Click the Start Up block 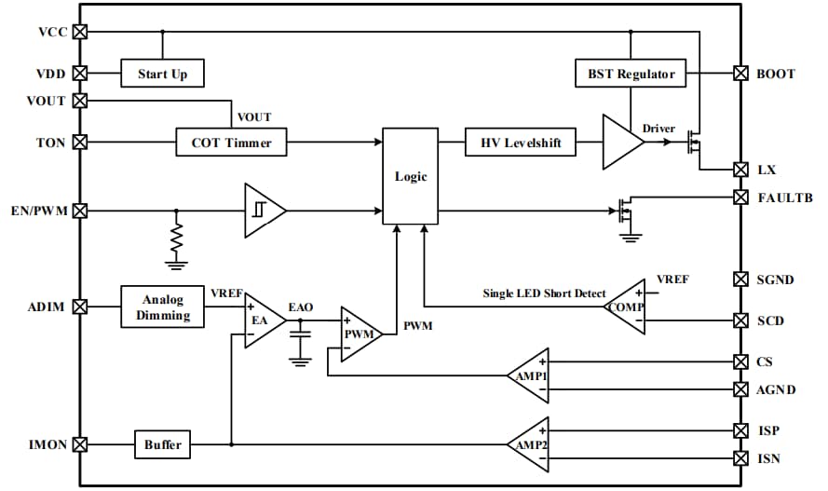[x=162, y=74]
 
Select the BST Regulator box [x=631, y=74]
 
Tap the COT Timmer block [x=232, y=143]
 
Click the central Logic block [x=411, y=176]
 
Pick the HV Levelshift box [x=521, y=143]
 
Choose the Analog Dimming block [x=163, y=307]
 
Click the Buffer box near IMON [x=162, y=445]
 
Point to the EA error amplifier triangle [x=262, y=320]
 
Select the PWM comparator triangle [x=359, y=333]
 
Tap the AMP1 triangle [x=531, y=375]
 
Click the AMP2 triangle [x=531, y=444]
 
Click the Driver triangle [x=620, y=143]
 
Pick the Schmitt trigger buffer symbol [x=263, y=211]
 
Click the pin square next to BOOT [x=740, y=73]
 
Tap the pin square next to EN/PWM [x=80, y=211]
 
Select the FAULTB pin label [x=784, y=198]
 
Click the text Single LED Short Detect [x=544, y=294]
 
